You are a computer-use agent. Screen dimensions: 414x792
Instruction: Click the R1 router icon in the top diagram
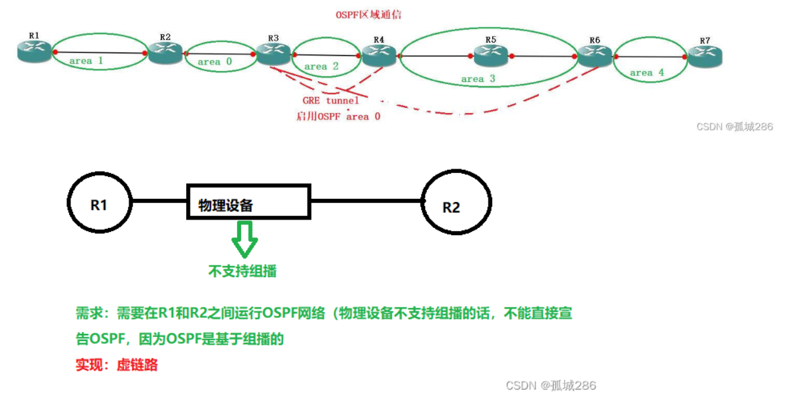[x=34, y=52]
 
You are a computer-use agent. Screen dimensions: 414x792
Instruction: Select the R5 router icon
[x=490, y=56]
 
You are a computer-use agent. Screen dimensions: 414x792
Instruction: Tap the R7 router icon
[x=705, y=57]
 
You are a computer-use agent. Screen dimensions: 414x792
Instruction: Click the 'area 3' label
[x=478, y=79]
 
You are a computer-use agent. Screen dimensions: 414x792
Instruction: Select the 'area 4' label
[x=647, y=73]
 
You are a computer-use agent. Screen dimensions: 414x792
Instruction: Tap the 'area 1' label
[x=86, y=61]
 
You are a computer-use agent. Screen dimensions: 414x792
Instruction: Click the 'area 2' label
[x=321, y=66]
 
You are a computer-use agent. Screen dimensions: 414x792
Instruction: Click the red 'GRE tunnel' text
[x=330, y=101]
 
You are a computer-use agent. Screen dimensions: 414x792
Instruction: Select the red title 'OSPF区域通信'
[x=368, y=14]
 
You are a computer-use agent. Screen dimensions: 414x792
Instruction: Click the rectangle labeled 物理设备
[x=248, y=201]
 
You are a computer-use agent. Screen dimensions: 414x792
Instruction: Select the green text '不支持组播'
[x=242, y=271]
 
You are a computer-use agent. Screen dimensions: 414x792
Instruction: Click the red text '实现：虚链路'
[x=116, y=364]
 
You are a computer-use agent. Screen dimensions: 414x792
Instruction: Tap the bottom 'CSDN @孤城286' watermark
[x=550, y=386]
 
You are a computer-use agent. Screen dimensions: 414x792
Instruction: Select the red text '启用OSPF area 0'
[x=338, y=117]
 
